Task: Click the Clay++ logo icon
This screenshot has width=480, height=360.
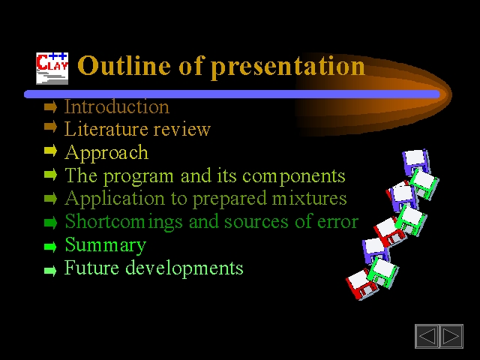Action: point(52,68)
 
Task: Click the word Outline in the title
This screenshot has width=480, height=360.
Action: point(124,65)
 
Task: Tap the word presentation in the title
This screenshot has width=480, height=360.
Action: point(288,67)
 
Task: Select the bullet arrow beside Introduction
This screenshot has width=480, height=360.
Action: point(50,107)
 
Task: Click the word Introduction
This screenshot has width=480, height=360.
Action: point(117,106)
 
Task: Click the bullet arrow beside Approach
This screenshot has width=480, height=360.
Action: point(50,150)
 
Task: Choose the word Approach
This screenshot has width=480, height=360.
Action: point(106,153)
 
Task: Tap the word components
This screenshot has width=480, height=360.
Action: point(294,177)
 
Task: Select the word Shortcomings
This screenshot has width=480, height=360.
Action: point(124,222)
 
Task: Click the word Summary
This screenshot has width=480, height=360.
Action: point(106,245)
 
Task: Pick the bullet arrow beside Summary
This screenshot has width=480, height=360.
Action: point(50,247)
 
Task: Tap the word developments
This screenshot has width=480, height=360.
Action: point(184,268)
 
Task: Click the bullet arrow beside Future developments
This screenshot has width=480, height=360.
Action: point(50,271)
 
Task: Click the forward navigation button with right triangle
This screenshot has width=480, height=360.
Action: point(451,336)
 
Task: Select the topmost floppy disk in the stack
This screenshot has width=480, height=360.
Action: point(416,162)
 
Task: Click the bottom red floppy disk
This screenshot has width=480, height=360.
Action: point(361,285)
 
